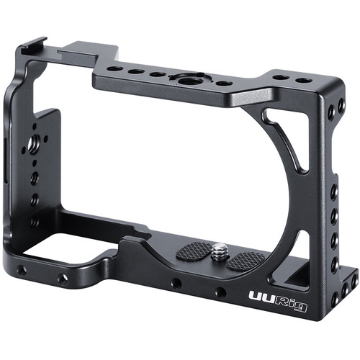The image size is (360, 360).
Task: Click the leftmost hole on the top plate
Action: pyautogui.click(x=114, y=68)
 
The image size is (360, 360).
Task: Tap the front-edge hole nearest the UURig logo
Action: pyautogui.click(x=221, y=292)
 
